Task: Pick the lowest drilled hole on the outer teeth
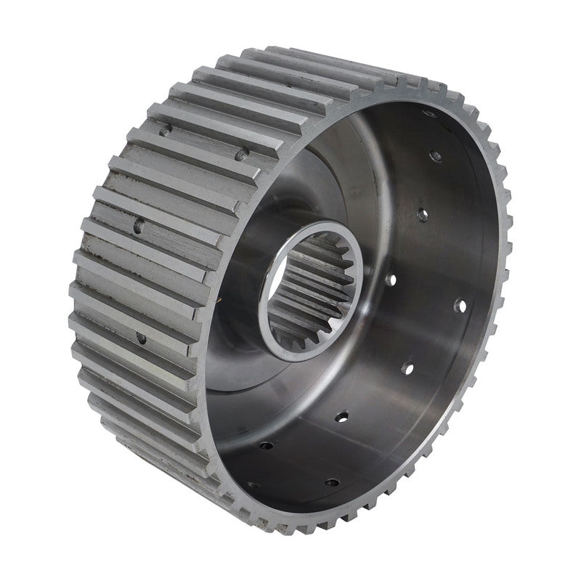141,338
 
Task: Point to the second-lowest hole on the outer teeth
139,226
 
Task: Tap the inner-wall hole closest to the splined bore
390,277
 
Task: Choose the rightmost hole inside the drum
459,304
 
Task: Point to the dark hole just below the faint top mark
436,155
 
